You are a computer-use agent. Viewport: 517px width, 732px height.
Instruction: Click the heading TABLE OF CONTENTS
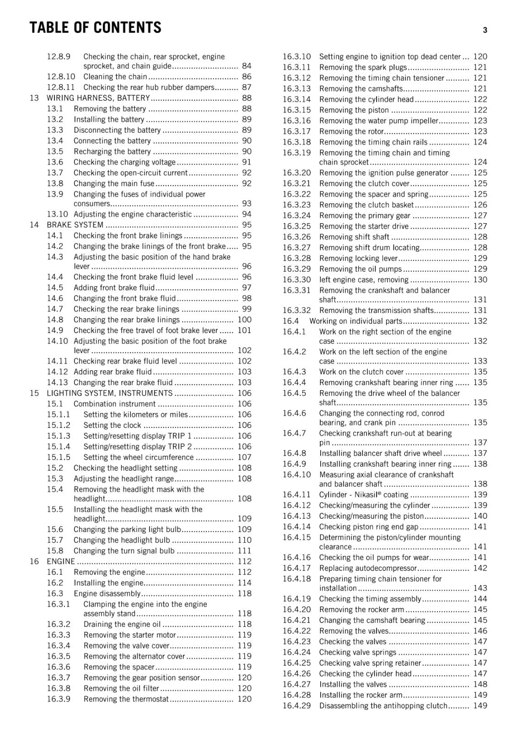(x=95, y=28)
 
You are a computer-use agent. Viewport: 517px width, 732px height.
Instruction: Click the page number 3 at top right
(x=485, y=30)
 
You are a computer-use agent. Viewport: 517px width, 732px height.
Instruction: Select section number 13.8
(x=55, y=183)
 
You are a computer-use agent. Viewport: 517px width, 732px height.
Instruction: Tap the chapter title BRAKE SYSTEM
(x=75, y=225)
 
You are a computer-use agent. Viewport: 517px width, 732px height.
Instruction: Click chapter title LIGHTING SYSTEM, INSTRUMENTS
(x=110, y=393)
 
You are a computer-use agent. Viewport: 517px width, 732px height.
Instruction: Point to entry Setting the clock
(x=112, y=425)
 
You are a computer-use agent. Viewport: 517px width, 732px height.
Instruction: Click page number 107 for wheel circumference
(x=244, y=457)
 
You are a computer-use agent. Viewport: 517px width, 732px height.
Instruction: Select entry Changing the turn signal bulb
(x=124, y=551)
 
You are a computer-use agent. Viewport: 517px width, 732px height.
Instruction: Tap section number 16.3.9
(x=59, y=699)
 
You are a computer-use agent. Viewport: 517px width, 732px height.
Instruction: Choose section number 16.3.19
(x=296, y=153)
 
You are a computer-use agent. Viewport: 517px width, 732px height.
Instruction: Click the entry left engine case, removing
(x=364, y=280)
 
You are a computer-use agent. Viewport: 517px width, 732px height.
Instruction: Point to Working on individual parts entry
(x=356, y=321)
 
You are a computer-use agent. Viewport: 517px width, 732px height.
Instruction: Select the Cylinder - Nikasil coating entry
(x=364, y=495)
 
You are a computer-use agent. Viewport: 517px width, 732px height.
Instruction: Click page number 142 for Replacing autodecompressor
(x=480, y=568)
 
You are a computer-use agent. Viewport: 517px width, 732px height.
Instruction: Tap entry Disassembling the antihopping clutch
(x=383, y=705)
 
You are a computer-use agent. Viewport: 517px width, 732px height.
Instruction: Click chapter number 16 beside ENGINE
(x=34, y=561)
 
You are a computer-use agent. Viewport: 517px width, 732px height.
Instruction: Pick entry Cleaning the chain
(x=115, y=77)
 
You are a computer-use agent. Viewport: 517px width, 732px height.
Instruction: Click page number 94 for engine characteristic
(x=247, y=214)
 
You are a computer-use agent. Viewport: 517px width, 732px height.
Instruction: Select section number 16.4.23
(x=296, y=641)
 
